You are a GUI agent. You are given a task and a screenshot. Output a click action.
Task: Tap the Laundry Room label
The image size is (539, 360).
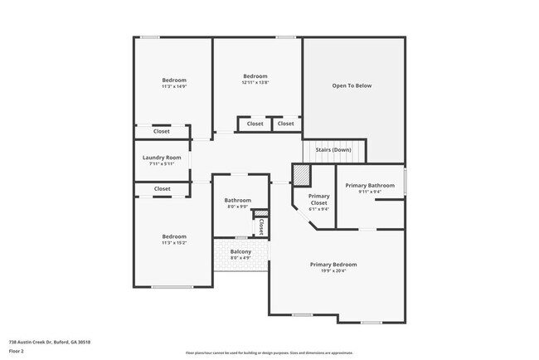pos(162,158)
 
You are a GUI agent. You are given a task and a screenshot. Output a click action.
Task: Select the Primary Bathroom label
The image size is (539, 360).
pos(370,186)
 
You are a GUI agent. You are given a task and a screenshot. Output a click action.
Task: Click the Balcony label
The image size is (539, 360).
pos(241,251)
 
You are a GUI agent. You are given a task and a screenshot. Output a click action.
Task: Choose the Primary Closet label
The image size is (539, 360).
pos(319,199)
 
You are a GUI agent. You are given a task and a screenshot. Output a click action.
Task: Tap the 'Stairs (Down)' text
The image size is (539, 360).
pos(333,149)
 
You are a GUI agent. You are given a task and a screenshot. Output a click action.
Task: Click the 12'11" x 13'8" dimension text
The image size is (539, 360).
pos(255,83)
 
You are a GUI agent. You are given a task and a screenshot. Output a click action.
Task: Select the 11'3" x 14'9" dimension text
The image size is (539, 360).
pos(174,86)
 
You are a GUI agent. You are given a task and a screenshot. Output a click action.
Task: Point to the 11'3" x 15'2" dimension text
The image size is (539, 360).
pos(174,243)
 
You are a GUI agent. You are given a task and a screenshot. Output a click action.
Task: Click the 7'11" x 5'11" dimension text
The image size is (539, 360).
pos(162,164)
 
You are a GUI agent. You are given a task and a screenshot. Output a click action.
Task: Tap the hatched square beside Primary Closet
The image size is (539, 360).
pos(301,175)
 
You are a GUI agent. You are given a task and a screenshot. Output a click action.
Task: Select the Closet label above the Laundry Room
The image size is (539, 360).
pos(162,131)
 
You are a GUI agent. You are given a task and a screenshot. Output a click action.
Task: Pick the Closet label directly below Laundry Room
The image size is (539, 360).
pos(162,189)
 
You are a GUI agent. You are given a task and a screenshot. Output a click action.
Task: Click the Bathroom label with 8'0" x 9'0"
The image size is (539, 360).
pos(238,200)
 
